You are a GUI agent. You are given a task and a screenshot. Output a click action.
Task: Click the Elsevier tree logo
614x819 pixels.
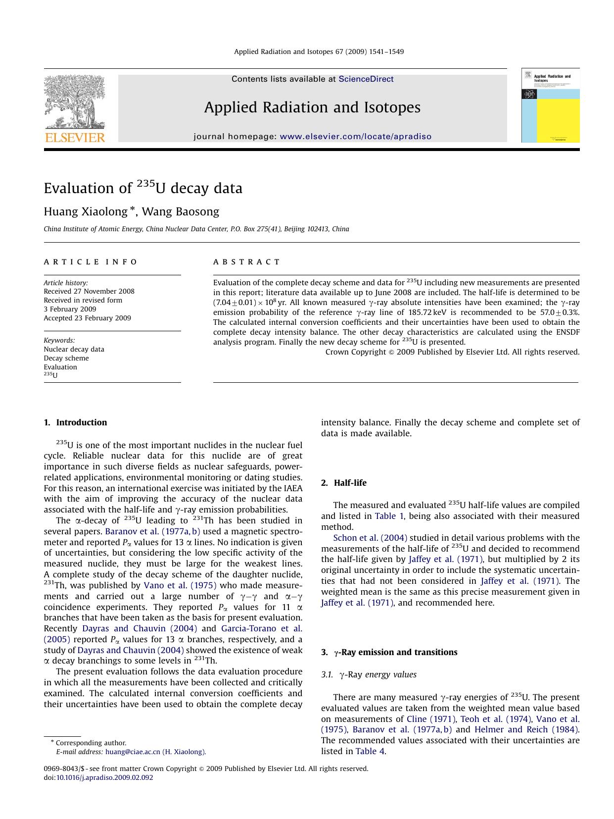74,102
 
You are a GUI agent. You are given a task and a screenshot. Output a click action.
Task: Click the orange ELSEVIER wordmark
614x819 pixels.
75,138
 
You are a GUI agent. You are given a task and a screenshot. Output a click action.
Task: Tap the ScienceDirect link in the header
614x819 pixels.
366,79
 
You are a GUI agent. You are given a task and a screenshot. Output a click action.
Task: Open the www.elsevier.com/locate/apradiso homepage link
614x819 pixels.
355,137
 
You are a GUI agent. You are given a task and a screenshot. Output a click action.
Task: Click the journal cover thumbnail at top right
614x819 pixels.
550,105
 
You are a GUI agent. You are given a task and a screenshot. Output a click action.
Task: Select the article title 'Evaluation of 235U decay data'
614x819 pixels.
143,188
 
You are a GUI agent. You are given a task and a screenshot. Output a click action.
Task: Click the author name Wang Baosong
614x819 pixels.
181,212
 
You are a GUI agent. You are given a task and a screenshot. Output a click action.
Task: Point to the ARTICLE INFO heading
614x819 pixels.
91,262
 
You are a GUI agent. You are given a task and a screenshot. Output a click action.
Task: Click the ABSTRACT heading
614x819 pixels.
246,262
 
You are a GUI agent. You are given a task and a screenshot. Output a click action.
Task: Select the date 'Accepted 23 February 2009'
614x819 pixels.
87,318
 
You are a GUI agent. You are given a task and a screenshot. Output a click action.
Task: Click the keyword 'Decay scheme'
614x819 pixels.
66,358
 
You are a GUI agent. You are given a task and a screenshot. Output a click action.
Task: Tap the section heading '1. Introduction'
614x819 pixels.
75,422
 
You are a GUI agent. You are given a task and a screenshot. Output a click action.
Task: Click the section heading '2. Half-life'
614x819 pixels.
344,483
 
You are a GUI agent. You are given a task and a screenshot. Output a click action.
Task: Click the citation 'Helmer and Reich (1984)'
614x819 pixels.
526,729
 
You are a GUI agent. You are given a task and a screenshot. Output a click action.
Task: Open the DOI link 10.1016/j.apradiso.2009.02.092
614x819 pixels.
104,777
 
